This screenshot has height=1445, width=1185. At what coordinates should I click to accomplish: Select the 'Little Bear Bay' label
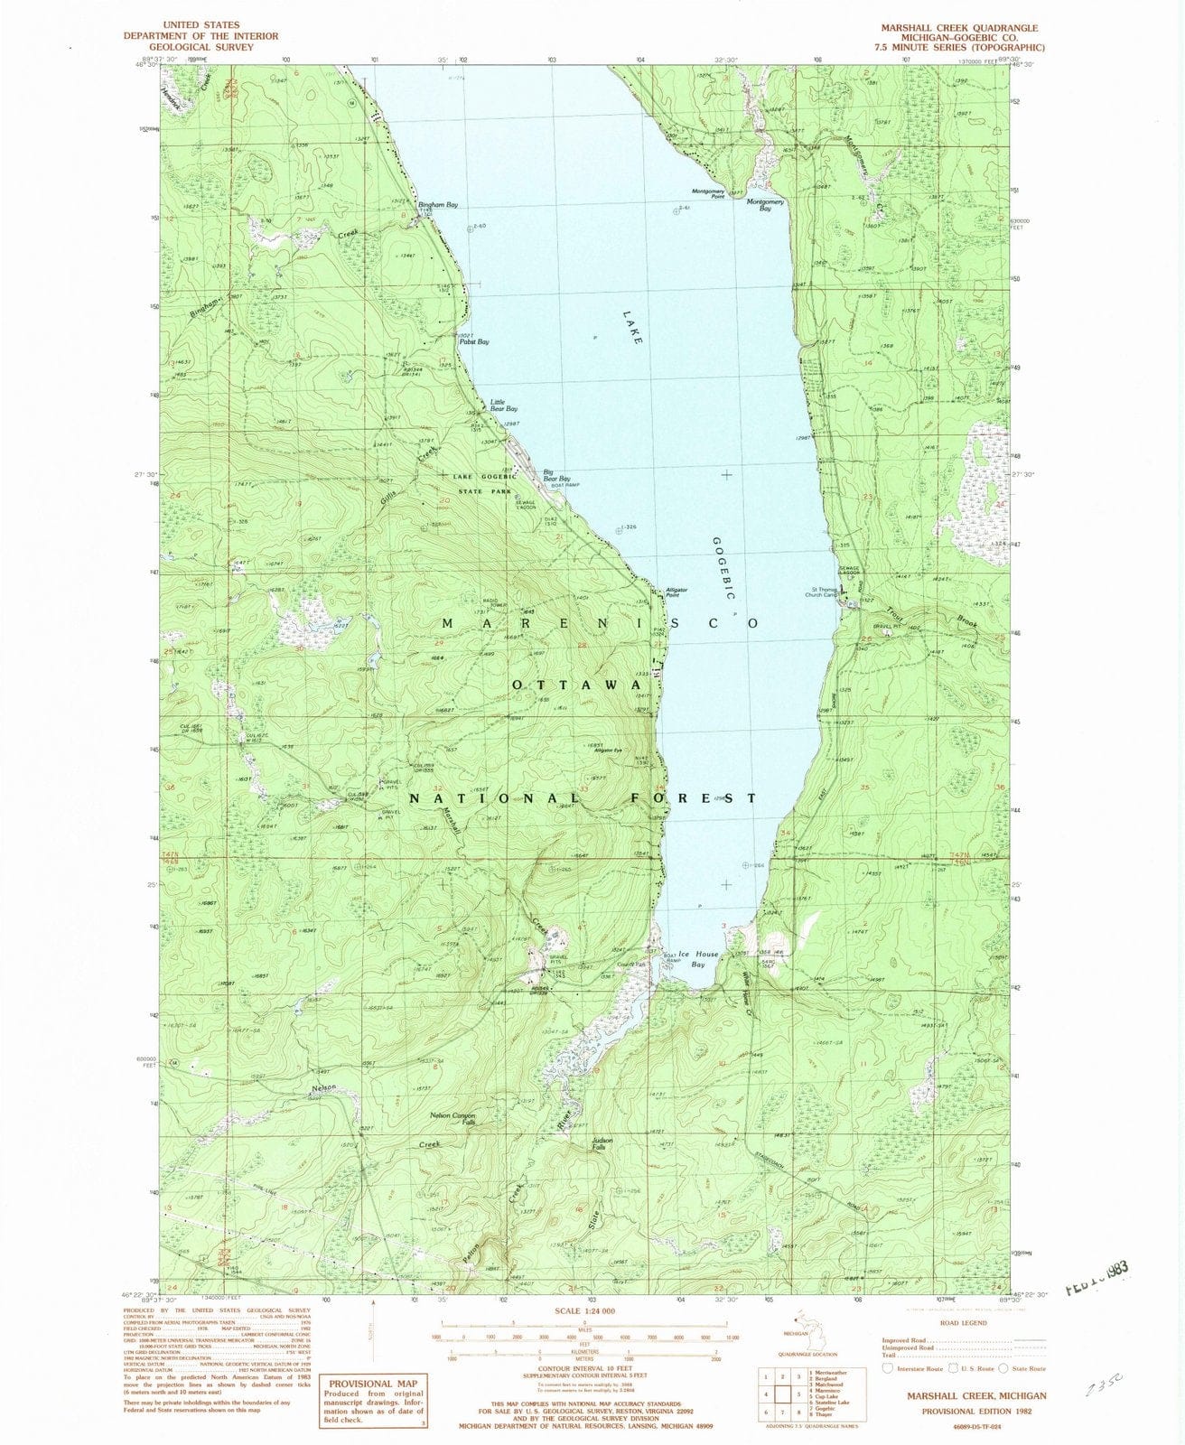[503, 405]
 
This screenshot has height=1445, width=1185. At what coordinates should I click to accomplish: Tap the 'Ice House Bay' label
[698, 958]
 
